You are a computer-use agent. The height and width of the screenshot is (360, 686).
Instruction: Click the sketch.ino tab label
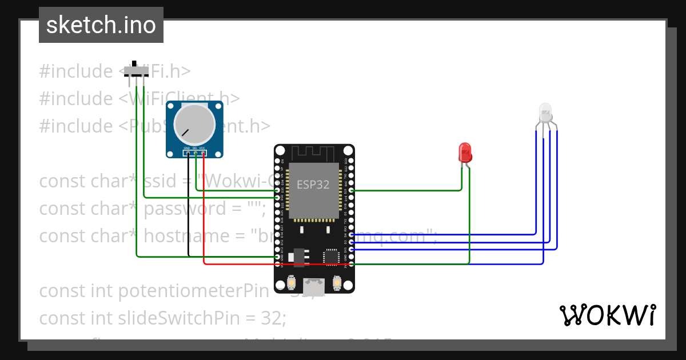[101, 25]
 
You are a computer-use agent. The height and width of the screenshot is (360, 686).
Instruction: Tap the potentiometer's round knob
[195, 126]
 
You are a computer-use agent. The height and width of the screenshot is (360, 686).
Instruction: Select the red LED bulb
[465, 153]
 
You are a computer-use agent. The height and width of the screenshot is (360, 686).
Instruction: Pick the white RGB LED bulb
[545, 112]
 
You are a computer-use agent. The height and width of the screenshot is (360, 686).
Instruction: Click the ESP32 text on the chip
[313, 185]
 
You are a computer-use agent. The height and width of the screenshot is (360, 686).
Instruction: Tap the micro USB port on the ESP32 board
[314, 283]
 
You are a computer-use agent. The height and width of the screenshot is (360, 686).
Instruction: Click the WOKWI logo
[607, 315]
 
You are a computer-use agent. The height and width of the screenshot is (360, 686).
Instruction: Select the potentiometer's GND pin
[188, 153]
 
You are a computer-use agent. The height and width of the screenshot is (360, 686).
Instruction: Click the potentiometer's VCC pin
[202, 153]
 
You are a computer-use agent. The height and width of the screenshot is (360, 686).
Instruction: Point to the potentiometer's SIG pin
[195, 153]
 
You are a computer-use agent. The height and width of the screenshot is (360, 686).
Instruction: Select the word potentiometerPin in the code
[193, 291]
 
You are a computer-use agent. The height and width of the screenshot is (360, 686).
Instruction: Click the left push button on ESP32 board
[292, 283]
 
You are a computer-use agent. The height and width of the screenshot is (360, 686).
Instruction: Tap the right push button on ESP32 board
[337, 283]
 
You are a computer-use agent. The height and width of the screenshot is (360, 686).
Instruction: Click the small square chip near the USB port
[332, 257]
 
